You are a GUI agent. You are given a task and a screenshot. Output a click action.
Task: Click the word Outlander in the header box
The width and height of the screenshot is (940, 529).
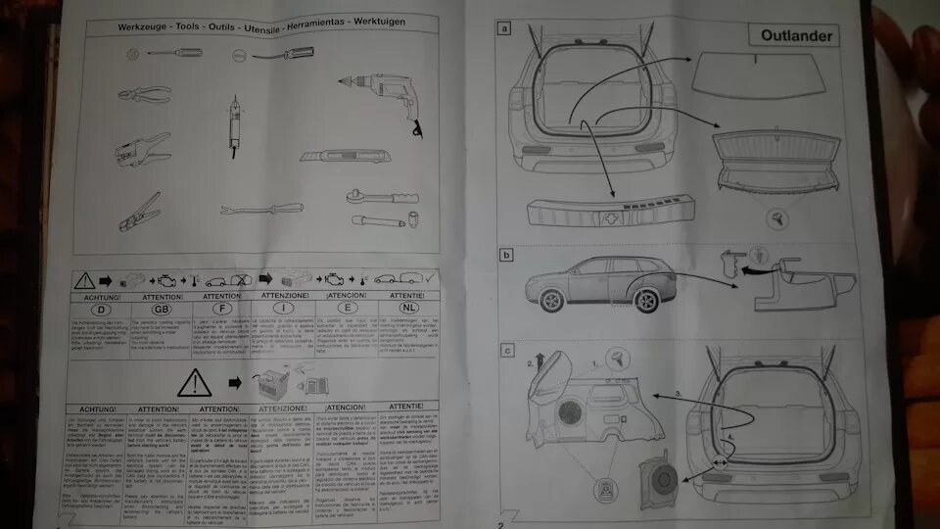(797, 37)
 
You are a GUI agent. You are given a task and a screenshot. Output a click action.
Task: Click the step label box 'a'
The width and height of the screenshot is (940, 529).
(505, 29)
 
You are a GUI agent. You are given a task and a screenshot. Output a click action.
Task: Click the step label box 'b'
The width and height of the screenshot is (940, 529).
(505, 256)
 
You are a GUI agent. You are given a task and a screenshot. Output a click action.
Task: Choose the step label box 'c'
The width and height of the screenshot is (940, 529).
(505, 350)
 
